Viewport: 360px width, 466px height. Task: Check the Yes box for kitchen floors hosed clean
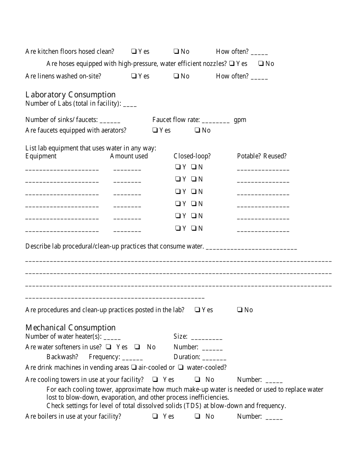134,52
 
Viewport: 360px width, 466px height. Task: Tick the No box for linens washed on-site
176,76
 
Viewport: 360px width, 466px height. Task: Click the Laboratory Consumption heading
70,95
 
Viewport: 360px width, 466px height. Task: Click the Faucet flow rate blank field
216,120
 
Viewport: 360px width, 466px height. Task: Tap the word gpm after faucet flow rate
240,120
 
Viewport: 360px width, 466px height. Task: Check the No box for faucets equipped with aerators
197,130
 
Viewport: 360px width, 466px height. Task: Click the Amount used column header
129,156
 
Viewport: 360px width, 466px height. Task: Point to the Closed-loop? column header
192,156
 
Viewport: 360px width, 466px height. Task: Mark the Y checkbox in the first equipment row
177,167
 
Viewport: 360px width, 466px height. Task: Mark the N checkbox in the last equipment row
194,228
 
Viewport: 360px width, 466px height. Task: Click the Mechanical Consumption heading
70,328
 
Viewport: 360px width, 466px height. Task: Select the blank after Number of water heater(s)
112,337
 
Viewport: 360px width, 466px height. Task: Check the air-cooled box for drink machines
134,367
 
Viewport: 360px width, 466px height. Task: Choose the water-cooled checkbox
181,367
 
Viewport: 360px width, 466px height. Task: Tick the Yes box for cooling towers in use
155,380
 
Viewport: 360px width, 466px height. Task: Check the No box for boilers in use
197,416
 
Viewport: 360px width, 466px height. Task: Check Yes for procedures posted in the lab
197,310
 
